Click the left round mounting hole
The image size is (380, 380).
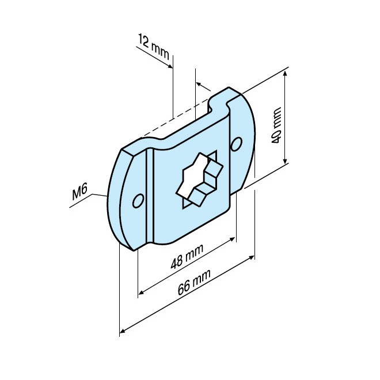pos(137,200)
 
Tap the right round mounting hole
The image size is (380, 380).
pos(235,145)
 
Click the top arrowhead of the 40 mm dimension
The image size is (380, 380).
pos(286,74)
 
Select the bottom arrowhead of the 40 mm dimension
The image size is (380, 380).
pos(286,162)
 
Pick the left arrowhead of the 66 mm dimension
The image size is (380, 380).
pos(123,330)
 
